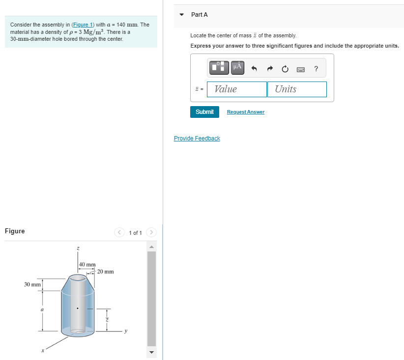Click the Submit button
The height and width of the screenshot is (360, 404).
pos(204,112)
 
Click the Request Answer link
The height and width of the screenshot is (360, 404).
pos(245,112)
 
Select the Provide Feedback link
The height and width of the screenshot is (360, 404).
pos(197,138)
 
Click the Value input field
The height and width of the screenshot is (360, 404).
pos(237,89)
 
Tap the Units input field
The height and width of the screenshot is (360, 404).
pos(297,89)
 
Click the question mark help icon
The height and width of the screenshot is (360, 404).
pos(316,69)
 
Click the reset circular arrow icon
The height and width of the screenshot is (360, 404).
pos(285,69)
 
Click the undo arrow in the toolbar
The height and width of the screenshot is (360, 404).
pos(254,69)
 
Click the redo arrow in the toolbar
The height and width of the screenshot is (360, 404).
pos(270,69)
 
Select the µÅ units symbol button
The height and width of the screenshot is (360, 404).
pos(237,67)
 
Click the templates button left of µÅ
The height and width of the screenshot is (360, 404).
pos(219,67)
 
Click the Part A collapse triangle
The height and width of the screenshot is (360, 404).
pos(182,15)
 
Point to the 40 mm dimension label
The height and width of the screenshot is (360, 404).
pos(87,265)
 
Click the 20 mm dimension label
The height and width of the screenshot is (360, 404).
pos(105,272)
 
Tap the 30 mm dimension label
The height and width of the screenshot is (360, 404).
pos(32,285)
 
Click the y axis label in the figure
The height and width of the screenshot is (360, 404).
pos(126,331)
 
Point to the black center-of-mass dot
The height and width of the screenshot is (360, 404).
pos(77,309)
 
